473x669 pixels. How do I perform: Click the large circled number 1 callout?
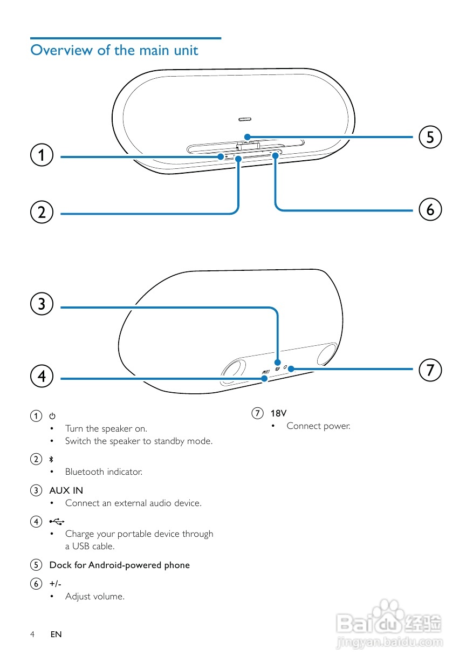point(42,155)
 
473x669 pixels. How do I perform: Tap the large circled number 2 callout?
point(42,212)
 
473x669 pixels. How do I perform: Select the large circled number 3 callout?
point(42,304)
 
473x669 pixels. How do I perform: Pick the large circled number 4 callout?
point(42,376)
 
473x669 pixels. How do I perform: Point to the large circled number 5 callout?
point(430,136)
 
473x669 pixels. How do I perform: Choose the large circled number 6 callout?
point(430,209)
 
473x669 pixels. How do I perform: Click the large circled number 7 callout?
point(430,370)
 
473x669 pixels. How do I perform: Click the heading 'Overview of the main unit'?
point(114,50)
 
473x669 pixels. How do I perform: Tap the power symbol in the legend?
point(52,416)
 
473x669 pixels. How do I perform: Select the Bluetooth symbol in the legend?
point(52,459)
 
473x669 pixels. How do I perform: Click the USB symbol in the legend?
point(57,521)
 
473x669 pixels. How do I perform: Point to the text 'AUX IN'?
point(66,490)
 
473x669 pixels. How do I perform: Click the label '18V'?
point(278,413)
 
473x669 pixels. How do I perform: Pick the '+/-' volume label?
point(55,584)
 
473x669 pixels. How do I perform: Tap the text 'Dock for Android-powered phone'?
point(119,565)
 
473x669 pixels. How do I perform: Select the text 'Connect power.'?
point(318,426)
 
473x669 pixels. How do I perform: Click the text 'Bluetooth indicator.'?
point(104,472)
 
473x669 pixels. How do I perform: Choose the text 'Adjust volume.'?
point(95,596)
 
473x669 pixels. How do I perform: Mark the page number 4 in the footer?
point(32,634)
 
